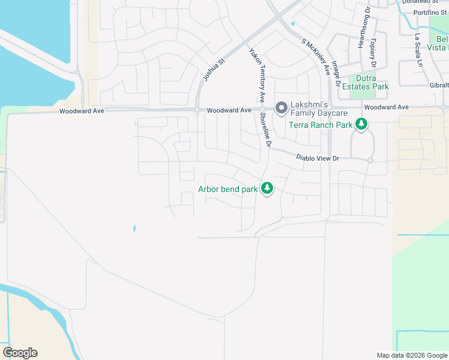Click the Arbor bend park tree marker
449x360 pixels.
267,188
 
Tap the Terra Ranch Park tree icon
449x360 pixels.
361,124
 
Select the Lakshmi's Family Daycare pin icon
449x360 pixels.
280,108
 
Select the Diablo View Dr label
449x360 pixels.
318,158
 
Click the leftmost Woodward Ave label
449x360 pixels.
81,111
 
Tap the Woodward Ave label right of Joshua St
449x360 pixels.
229,110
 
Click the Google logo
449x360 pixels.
20,353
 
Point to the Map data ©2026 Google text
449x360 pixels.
411,355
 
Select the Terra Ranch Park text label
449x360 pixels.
320,125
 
